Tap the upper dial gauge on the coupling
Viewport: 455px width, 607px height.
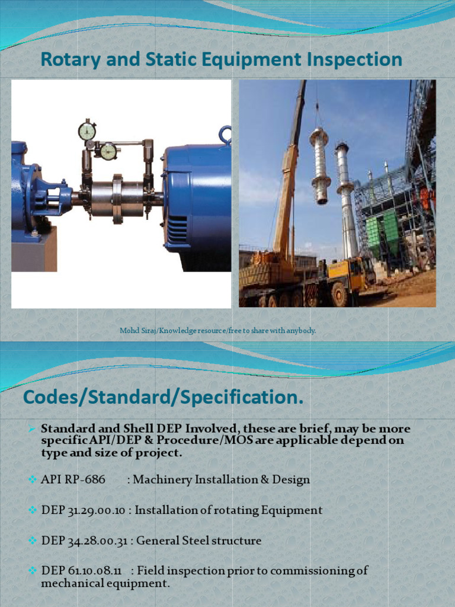click(87, 131)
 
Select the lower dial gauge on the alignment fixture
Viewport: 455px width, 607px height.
click(108, 151)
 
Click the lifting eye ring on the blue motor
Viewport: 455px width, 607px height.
click(225, 135)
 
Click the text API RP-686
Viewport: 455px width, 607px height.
click(73, 480)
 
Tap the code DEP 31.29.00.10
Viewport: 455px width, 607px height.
click(83, 510)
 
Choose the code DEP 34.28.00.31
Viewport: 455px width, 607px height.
click(84, 541)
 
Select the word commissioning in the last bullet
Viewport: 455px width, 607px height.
click(314, 571)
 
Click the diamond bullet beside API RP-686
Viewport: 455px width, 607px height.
click(33, 480)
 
